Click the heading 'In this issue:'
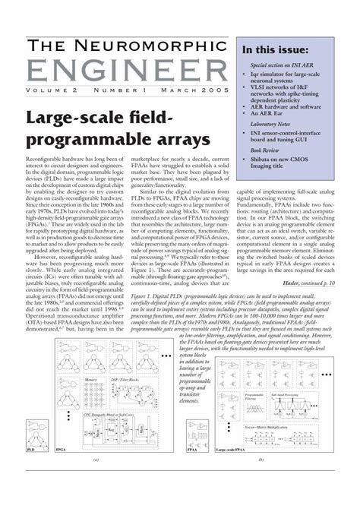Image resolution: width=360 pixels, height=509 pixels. click(x=274, y=51)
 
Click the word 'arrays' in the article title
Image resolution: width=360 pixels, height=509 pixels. click(x=177, y=141)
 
